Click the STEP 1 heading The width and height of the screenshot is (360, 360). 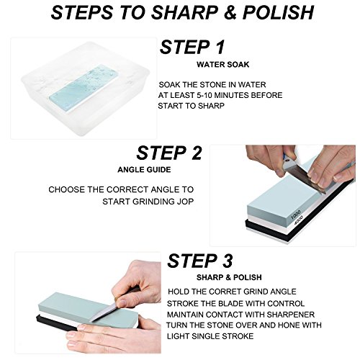coord(192,47)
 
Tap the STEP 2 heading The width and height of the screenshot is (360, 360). coord(169,153)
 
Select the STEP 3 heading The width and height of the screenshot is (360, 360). coord(200,261)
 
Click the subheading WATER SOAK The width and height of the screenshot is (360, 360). coord(223,65)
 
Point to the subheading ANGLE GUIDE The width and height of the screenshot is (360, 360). coord(144,170)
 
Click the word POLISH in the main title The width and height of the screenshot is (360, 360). coord(278,12)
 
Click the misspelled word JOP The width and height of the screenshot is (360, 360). coord(185,202)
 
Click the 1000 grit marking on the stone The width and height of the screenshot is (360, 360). coord(295,215)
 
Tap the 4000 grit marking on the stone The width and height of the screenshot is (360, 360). coord(299,220)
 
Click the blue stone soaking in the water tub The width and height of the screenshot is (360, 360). coord(84,89)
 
